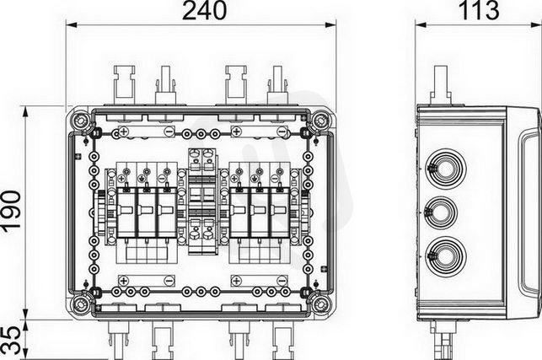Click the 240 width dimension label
[204, 10]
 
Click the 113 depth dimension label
[480, 10]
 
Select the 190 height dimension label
[11, 209]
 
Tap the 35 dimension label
[11, 341]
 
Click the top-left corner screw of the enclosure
[81, 121]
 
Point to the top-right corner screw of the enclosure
[320, 121]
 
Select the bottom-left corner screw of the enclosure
[81, 304]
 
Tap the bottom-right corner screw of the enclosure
[320, 304]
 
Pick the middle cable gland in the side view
[441, 212]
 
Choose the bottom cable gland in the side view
[445, 256]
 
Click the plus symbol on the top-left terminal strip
[124, 132]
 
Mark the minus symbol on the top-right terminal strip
[282, 132]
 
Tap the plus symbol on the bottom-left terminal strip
[124, 281]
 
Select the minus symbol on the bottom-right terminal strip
[282, 281]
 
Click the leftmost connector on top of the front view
[124, 84]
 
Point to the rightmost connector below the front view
[283, 339]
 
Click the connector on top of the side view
[441, 84]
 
